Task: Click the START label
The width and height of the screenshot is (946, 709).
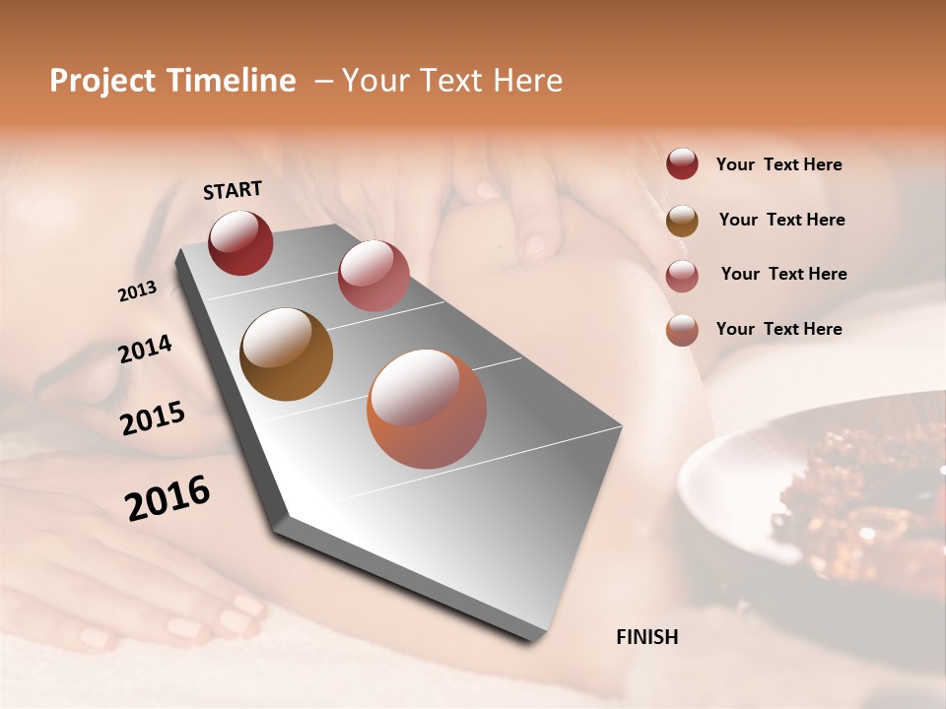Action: pyautogui.click(x=233, y=190)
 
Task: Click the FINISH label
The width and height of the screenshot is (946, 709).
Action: pyautogui.click(x=646, y=637)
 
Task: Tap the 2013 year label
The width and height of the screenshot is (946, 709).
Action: pyautogui.click(x=137, y=291)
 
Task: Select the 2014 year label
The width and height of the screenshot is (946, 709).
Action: pyautogui.click(x=145, y=350)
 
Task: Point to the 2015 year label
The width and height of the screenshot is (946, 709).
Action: pyautogui.click(x=152, y=419)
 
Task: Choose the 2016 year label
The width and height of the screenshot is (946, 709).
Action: pyautogui.click(x=168, y=498)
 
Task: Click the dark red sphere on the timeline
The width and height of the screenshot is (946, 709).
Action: pyautogui.click(x=240, y=243)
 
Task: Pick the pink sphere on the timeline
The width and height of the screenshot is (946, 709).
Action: pyautogui.click(x=372, y=276)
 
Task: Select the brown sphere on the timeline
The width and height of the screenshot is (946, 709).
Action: pyautogui.click(x=286, y=354)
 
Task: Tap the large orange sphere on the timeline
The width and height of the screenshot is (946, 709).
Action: pyautogui.click(x=426, y=409)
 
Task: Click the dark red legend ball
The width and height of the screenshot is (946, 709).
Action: pyautogui.click(x=682, y=164)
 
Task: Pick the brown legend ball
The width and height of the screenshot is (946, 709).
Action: pyautogui.click(x=682, y=221)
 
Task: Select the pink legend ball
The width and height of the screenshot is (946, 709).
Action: pyautogui.click(x=682, y=276)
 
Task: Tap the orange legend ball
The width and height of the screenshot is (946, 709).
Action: pyautogui.click(x=682, y=330)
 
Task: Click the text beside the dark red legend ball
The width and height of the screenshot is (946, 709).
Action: pyautogui.click(x=778, y=165)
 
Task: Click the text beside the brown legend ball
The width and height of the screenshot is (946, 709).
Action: pyautogui.click(x=781, y=220)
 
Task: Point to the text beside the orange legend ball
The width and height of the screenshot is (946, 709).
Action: pyautogui.click(x=778, y=329)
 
